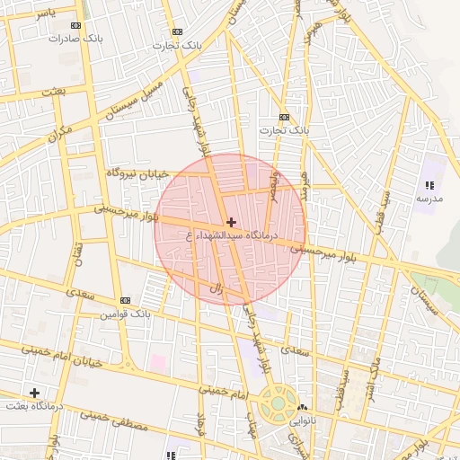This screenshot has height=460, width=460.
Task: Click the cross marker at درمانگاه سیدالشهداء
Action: click(232, 221)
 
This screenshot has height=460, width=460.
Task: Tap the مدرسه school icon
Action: click(428, 185)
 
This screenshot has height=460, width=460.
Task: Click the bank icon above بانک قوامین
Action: click(125, 300)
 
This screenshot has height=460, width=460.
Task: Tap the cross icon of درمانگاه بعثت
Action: click(34, 393)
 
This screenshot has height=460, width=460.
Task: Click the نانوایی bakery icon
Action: click(302, 407)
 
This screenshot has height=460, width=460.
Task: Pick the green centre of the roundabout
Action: click(279, 402)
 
